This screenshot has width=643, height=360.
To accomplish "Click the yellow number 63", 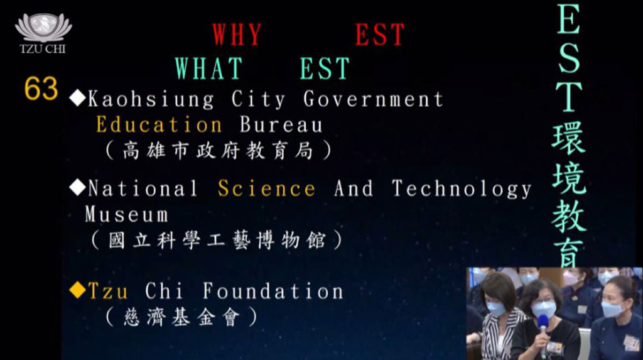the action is pyautogui.click(x=41, y=88).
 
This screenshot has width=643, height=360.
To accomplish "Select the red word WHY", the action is pyautogui.click(x=237, y=35).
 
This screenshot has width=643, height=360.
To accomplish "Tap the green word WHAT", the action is pyautogui.click(x=208, y=68).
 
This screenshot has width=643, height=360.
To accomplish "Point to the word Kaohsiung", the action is pyautogui.click(x=151, y=99).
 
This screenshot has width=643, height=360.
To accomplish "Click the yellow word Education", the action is pyautogui.click(x=159, y=125).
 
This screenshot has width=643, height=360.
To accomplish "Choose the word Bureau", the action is pyautogui.click(x=281, y=125).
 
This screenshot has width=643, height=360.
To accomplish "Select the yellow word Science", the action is pyautogui.click(x=266, y=188).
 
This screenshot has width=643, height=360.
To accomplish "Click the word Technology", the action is pyautogui.click(x=462, y=189).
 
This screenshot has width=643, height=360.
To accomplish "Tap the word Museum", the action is pyautogui.click(x=126, y=214).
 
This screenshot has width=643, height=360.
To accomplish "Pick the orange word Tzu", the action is pyautogui.click(x=108, y=292).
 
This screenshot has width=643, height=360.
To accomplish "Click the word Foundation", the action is pyautogui.click(x=273, y=291).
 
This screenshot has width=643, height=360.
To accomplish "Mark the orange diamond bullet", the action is pyautogui.click(x=77, y=290).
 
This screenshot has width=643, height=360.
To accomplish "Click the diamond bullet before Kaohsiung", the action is pyautogui.click(x=77, y=99).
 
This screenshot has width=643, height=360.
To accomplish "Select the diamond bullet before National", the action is pyautogui.click(x=77, y=187).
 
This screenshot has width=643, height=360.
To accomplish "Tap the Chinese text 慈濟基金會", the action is pyautogui.click(x=181, y=317).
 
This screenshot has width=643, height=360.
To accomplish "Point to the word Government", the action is pyautogui.click(x=373, y=99).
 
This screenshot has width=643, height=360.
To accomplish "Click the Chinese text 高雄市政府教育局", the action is pyautogui.click(x=218, y=151).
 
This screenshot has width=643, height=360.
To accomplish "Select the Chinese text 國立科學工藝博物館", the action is pyautogui.click(x=217, y=240).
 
